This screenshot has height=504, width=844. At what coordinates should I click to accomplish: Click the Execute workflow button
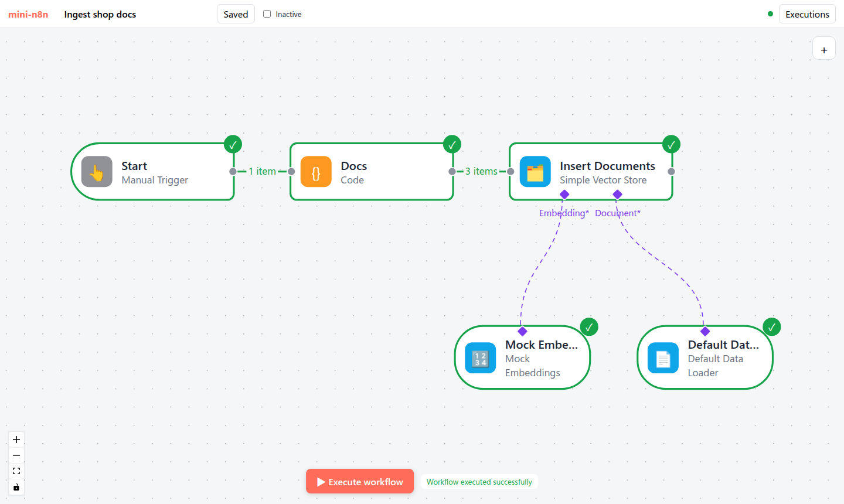(x=359, y=481)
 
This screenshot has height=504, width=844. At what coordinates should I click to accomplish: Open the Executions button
(x=807, y=14)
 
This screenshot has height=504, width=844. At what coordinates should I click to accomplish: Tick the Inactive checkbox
(x=267, y=14)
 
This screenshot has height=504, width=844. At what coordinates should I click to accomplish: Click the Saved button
(x=236, y=14)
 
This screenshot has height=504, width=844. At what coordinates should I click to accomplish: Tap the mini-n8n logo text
(x=28, y=14)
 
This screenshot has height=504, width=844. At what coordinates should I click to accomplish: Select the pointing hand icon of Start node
(x=97, y=172)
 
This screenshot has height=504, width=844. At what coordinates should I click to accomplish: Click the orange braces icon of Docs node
(x=316, y=172)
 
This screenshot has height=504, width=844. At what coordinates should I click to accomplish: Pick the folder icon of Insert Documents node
(x=535, y=172)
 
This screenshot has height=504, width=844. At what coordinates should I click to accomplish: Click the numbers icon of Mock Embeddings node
(x=481, y=358)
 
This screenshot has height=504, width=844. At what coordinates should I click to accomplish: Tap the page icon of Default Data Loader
(x=663, y=358)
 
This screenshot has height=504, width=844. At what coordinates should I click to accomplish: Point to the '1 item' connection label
(x=262, y=171)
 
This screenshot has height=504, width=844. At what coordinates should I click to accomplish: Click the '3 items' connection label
(x=481, y=171)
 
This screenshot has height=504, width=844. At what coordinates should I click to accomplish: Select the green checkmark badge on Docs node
(x=452, y=144)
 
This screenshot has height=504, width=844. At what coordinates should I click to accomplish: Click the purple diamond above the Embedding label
(x=564, y=195)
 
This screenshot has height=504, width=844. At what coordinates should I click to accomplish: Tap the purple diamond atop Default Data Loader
(x=705, y=332)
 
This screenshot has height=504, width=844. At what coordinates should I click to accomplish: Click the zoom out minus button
(x=16, y=455)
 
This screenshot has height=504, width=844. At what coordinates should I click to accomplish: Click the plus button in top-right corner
(x=824, y=50)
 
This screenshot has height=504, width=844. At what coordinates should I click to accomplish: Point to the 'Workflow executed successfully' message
(x=479, y=482)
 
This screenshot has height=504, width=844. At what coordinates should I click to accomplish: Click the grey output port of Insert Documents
(x=671, y=172)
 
